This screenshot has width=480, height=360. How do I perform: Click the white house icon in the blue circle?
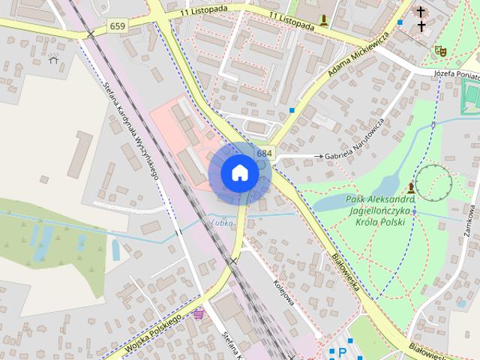[x=239, y=172]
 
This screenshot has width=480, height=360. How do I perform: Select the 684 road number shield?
[x=264, y=153]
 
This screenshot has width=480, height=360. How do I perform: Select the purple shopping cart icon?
[x=198, y=313]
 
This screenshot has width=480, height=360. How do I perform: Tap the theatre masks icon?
[x=440, y=50]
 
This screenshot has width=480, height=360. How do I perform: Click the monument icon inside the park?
[x=412, y=187]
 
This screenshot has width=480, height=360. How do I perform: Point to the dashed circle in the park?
[x=434, y=182]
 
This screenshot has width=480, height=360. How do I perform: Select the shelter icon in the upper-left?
[x=53, y=58]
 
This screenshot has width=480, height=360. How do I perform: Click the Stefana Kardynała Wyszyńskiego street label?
[x=135, y=130]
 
